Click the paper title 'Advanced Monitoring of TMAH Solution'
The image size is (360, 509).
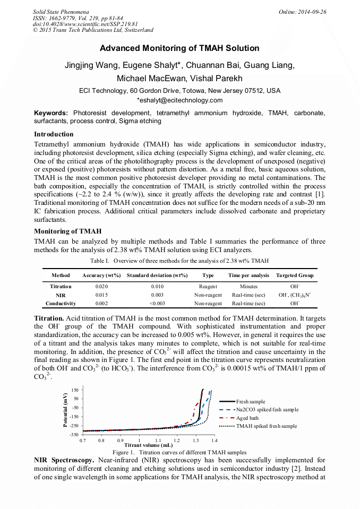179,48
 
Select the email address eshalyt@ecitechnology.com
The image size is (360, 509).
181,100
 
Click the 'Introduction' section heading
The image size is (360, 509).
54,134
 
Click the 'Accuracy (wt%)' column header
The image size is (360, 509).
101,275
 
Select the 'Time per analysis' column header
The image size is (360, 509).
248,275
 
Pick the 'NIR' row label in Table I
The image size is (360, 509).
61,295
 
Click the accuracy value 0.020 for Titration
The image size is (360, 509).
101,286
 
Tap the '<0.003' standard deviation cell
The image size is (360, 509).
157,304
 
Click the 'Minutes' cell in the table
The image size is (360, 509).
248,286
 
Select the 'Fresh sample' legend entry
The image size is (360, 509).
251,402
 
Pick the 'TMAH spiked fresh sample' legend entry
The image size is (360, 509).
267,426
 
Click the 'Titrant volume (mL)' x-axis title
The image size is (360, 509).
148,445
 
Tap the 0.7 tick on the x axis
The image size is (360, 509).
83,440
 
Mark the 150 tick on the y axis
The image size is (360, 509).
75,389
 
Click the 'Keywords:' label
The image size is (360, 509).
51,113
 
